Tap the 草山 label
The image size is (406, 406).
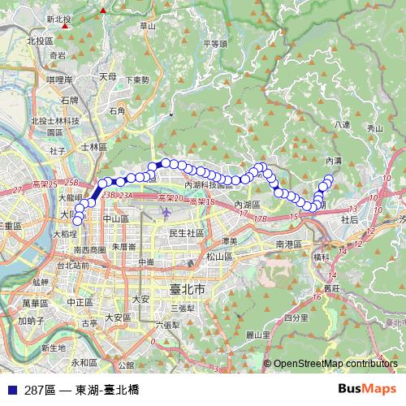pyautogui.click(x=147, y=26)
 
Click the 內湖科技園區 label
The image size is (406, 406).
pyautogui.click(x=214, y=185)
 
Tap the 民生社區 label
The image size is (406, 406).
pyautogui.click(x=186, y=233)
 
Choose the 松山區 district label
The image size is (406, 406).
pyautogui.click(x=219, y=257)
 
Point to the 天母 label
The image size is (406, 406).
pyautogui.click(x=107, y=77)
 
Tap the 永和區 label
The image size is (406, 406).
pyautogui.click(x=84, y=362)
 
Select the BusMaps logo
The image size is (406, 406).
pyautogui.click(x=364, y=389)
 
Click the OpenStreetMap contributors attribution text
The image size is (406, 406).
pyautogui.click(x=335, y=364)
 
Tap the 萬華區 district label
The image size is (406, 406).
pyautogui.click(x=37, y=302)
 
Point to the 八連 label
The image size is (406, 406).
pyautogui.click(x=342, y=124)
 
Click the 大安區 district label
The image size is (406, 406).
pyautogui.click(x=118, y=317)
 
